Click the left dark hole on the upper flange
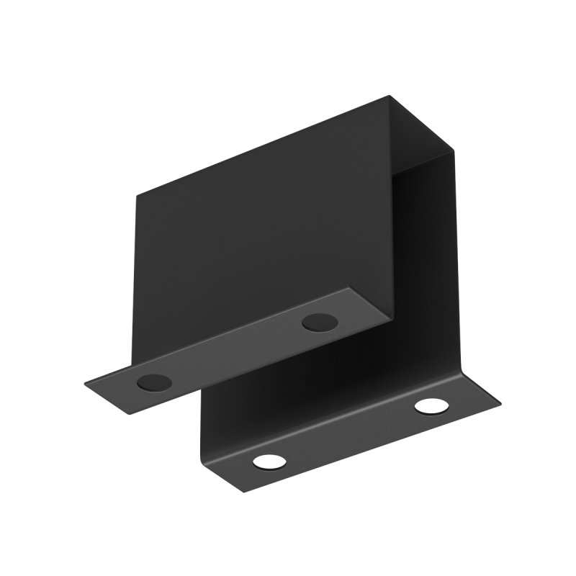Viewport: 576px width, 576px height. (154, 382)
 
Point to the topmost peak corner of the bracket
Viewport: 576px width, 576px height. (390, 96)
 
